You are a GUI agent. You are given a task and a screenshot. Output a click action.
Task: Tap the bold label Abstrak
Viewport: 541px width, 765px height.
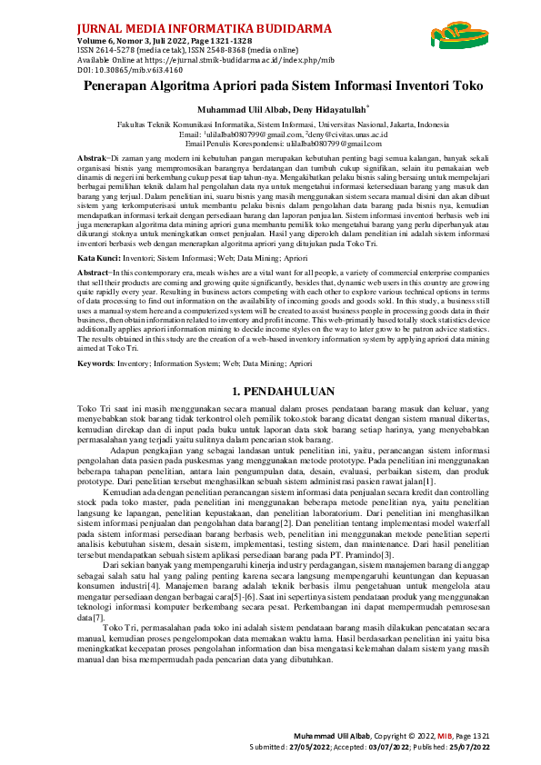coord(92,158)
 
